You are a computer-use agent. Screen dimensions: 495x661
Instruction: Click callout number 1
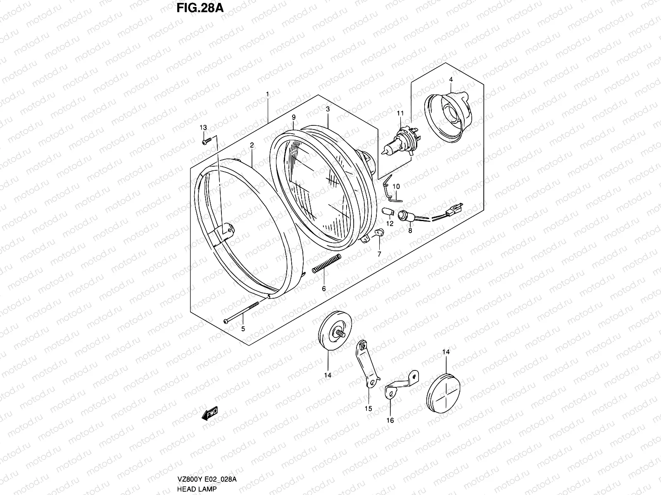pyautogui.click(x=267, y=95)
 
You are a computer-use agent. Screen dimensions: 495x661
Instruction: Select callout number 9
pyautogui.click(x=293, y=117)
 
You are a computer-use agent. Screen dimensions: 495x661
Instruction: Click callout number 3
pyautogui.click(x=327, y=109)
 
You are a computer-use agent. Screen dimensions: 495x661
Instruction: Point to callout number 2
pyautogui.click(x=251, y=145)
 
